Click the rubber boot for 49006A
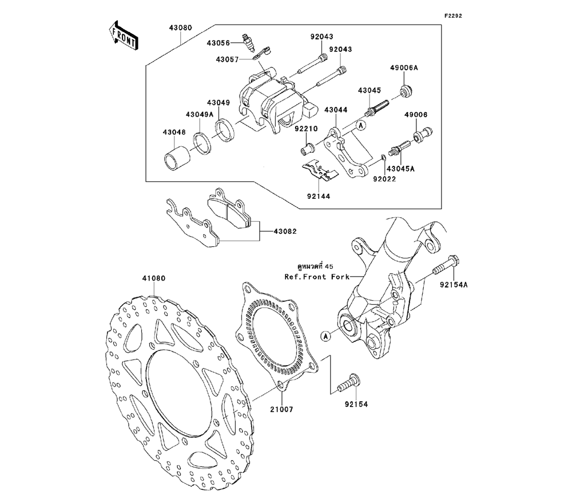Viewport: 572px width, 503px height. click(x=407, y=91)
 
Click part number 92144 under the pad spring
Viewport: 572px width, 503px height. click(x=317, y=195)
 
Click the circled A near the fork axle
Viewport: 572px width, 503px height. click(x=325, y=336)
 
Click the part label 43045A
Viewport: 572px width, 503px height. click(x=400, y=169)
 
